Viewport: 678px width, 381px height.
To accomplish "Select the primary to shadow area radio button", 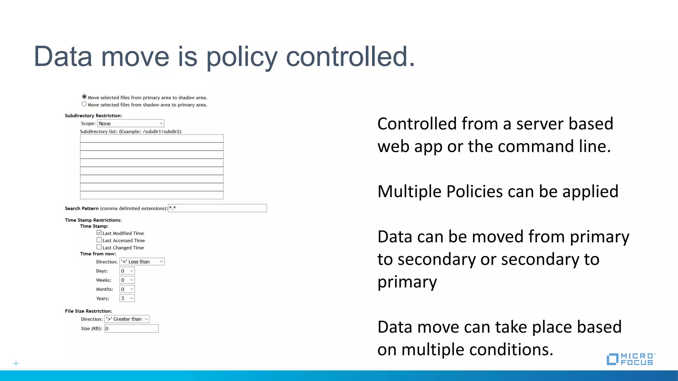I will pos(84,97).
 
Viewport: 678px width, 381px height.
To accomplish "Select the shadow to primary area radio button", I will pos(84,104).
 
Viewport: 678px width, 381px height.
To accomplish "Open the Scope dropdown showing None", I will pos(131,123).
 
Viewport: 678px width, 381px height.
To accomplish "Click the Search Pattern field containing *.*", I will pos(217,208).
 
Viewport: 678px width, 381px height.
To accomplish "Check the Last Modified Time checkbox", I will pos(99,233).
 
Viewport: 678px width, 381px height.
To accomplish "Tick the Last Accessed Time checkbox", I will pos(99,240).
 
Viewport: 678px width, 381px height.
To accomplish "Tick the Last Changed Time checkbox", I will pos(99,247).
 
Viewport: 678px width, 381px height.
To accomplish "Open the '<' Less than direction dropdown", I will pos(142,262).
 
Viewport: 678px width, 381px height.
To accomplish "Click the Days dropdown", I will pos(127,271).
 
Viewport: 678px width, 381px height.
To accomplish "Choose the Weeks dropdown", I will pos(127,280).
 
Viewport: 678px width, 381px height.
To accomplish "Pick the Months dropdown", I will pos(127,289).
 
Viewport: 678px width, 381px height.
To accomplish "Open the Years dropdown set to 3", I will pos(127,298).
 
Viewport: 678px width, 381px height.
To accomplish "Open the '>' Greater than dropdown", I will pos(127,319).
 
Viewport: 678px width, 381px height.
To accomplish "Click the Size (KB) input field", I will pos(131,328).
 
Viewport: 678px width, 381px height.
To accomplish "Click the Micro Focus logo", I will pos(631,359).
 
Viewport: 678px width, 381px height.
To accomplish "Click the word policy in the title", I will pos(242,57).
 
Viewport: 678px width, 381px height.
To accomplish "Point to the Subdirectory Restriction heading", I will pos(93,116).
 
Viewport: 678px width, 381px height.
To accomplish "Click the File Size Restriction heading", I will pos(88,311).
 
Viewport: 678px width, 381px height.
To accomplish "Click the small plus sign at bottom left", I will pos(16,363).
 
